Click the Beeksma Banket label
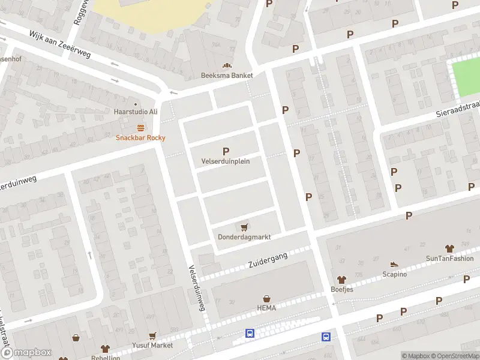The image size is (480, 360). [227, 76]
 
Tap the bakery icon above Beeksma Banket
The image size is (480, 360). [227, 65]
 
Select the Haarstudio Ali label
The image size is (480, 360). [136, 112]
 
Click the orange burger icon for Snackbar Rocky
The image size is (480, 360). [140, 127]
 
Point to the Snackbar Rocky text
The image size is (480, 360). [140, 137]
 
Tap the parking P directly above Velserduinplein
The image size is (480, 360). [226, 151]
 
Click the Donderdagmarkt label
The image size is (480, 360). [244, 237]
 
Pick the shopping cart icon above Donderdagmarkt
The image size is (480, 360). [244, 227]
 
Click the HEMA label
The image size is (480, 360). [266, 308]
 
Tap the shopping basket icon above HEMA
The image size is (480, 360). [266, 298]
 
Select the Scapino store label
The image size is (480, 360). [394, 274]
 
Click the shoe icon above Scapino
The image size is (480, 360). [394, 264]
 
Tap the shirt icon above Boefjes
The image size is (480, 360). [342, 279]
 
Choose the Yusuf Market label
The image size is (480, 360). [153, 345]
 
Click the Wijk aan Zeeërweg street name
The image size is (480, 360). [60, 44]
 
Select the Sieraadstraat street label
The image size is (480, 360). [458, 111]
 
